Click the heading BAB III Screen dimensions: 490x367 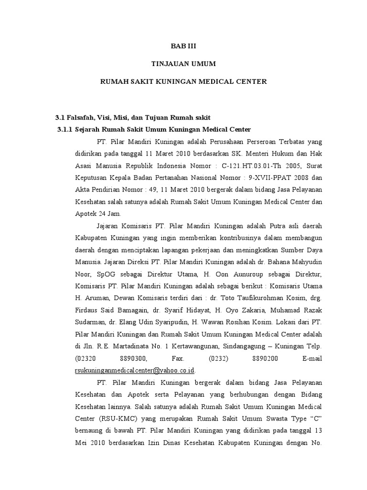(x=183, y=46)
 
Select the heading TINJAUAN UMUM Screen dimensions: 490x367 (x=183, y=64)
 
